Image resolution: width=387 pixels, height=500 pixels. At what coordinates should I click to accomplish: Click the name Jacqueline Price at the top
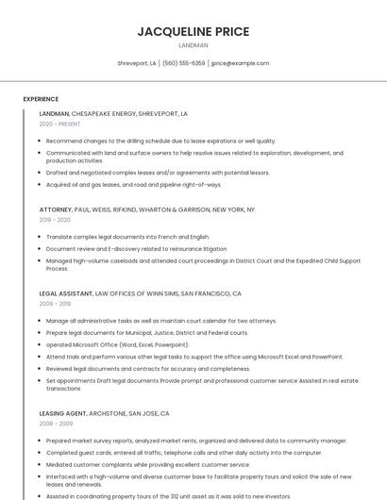193,31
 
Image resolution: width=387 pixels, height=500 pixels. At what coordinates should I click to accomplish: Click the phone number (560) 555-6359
183,63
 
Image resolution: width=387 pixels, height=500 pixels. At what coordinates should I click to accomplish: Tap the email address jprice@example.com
240,63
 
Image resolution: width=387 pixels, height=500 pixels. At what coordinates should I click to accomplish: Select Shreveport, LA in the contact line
137,63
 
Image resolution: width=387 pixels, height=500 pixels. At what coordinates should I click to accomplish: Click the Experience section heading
41,99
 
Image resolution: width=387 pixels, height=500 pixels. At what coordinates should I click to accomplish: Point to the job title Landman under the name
193,45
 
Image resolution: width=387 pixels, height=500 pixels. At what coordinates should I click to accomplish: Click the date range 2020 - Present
59,124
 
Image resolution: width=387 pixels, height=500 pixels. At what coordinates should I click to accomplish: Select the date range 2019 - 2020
55,220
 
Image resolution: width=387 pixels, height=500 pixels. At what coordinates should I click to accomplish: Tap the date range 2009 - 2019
55,304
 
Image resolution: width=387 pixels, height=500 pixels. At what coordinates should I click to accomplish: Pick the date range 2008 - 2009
55,424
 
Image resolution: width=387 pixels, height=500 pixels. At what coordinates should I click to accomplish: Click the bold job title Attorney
55,208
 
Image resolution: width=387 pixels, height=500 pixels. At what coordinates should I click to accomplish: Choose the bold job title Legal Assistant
66,293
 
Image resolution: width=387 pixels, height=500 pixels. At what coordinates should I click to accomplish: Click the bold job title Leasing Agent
62,413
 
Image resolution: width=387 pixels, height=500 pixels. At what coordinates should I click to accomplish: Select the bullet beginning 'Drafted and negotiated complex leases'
158,173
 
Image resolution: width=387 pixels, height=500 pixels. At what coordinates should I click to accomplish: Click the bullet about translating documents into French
127,237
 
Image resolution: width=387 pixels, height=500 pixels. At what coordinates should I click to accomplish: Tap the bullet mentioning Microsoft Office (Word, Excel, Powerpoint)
117,344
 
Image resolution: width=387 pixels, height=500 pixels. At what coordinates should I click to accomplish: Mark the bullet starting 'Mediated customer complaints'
147,464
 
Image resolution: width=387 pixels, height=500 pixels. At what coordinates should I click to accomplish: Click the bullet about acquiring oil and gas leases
133,184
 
